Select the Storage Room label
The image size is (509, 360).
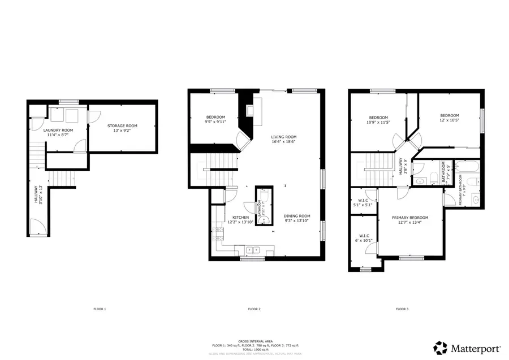[122, 126]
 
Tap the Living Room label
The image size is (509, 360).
[283, 137]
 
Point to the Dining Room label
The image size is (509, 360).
[297, 216]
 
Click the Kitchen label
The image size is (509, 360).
[241, 218]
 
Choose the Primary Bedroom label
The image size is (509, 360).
[410, 218]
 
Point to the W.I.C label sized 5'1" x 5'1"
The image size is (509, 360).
[364, 200]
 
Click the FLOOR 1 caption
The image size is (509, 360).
[100, 309]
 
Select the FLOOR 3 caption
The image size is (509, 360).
[402, 309]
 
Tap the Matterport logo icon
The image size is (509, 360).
[441, 346]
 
